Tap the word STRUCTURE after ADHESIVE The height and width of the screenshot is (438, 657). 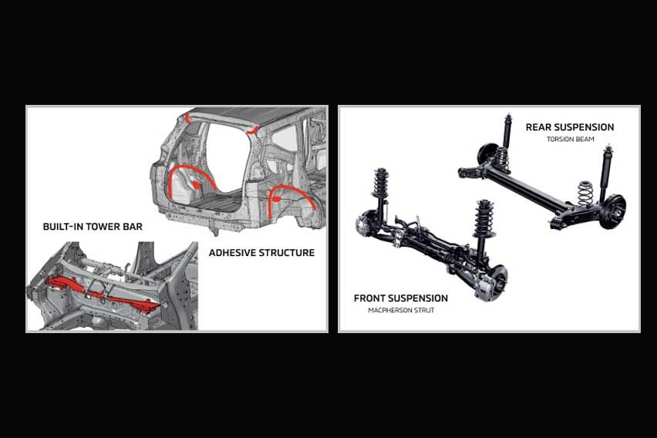(x=289, y=252)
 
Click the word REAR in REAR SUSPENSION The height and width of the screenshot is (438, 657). (x=542, y=127)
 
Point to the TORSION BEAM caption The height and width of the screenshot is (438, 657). (x=570, y=140)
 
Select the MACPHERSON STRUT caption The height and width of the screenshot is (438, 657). (x=401, y=310)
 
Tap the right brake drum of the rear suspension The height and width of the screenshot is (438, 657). (x=615, y=207)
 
